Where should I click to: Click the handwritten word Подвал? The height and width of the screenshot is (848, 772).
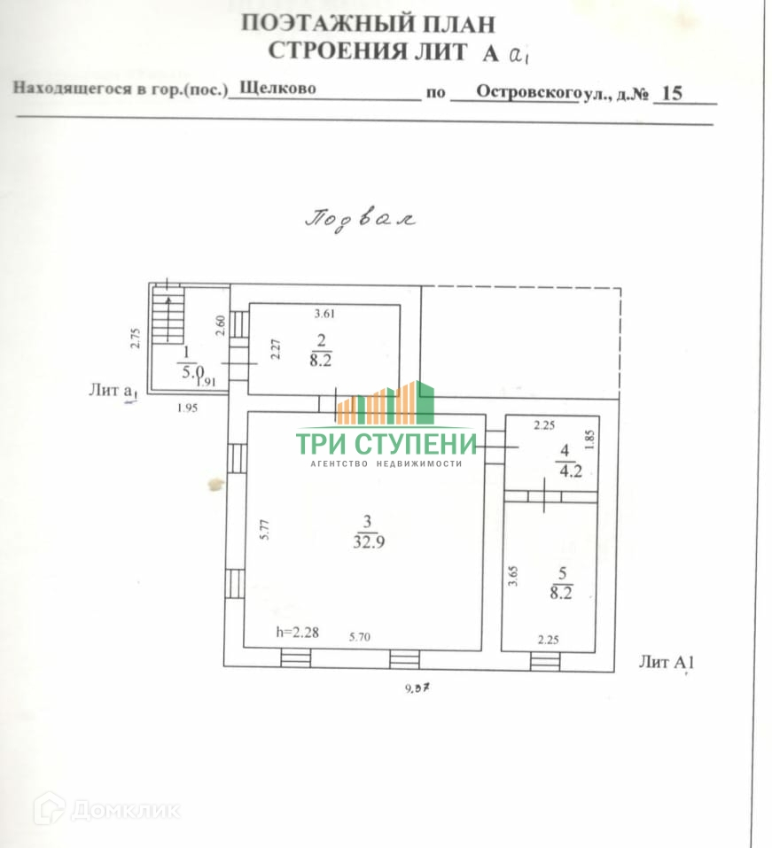pos(360,218)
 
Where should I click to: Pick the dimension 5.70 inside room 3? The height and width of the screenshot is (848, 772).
pos(361,636)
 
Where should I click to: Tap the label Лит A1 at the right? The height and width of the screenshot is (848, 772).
pos(665,662)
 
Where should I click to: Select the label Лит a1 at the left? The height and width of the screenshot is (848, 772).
pos(113,391)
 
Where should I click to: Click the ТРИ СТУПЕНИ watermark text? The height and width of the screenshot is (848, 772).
pos(386,443)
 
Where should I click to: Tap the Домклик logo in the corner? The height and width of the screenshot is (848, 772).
pos(106,808)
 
